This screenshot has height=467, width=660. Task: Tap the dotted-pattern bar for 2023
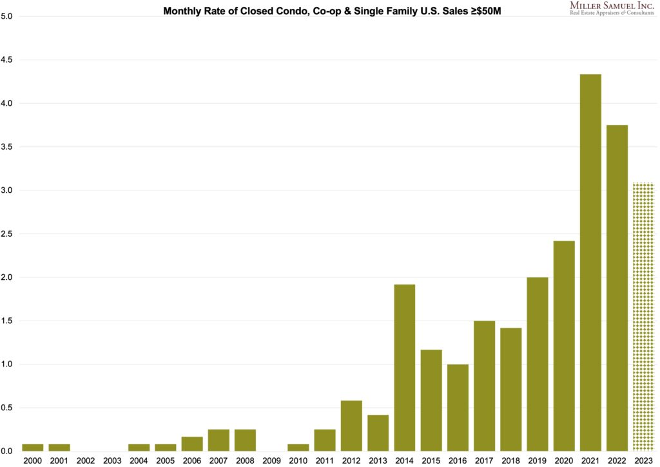pyautogui.click(x=643, y=317)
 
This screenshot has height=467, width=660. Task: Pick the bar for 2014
pyautogui.click(x=404, y=368)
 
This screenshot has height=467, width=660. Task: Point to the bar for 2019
pyautogui.click(x=538, y=364)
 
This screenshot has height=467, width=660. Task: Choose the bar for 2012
pyautogui.click(x=351, y=426)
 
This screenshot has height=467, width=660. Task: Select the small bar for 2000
pyautogui.click(x=33, y=447)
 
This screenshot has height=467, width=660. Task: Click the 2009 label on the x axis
pyautogui.click(x=271, y=461)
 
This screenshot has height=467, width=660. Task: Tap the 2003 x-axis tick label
pyautogui.click(x=112, y=461)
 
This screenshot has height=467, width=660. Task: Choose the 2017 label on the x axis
pyautogui.click(x=484, y=461)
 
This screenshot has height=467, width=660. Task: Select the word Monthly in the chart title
pyautogui.click(x=183, y=11)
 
